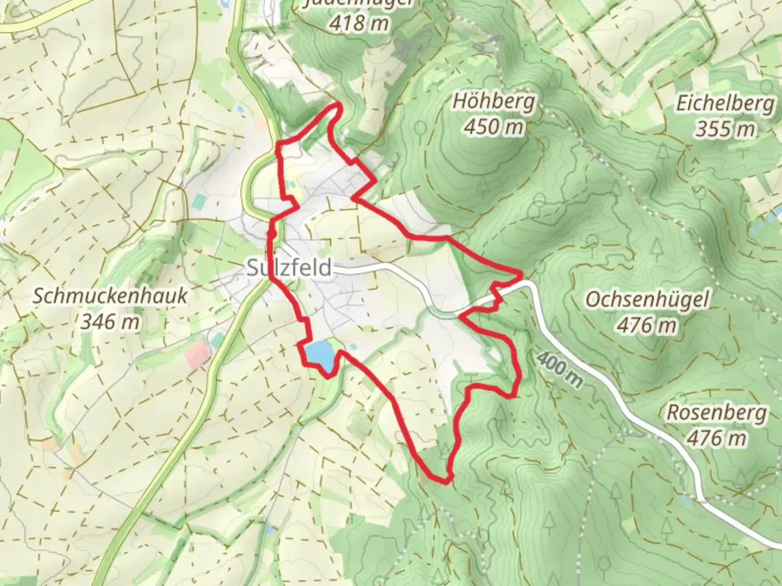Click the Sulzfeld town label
(x=289, y=268)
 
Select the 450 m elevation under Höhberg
(x=494, y=127)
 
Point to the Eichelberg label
(x=724, y=104)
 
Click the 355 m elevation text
(x=724, y=129)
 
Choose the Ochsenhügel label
(x=647, y=299)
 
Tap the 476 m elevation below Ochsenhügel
(x=647, y=325)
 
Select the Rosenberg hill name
(x=716, y=412)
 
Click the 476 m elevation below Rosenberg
(x=716, y=437)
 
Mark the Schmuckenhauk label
(x=110, y=296)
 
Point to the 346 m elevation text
(x=110, y=322)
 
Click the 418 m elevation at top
(x=358, y=23)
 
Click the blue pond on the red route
(x=318, y=353)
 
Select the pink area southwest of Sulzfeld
(x=197, y=354)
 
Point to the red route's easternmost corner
(x=521, y=276)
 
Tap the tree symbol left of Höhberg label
(x=420, y=128)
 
